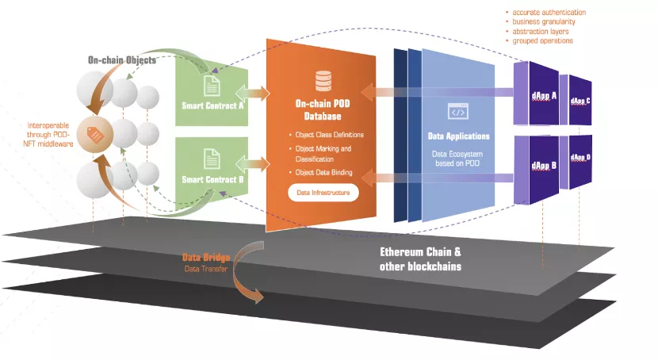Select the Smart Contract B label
click(212, 179)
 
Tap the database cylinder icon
click(323, 81)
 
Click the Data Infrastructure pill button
click(323, 192)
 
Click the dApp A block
click(543, 96)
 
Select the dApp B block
click(543, 166)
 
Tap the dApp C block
click(580, 101)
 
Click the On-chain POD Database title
click(323, 109)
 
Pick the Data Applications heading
click(459, 136)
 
